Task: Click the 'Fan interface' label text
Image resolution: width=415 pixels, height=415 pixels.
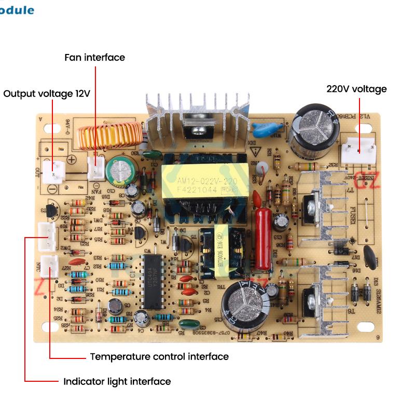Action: tap(94, 57)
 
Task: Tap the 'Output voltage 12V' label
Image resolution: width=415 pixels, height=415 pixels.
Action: tap(47, 94)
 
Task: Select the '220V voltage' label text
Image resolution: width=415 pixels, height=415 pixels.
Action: tap(356, 89)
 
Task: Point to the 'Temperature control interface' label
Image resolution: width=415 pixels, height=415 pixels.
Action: tap(159, 356)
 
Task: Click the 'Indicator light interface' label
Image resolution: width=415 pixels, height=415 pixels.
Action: tap(117, 381)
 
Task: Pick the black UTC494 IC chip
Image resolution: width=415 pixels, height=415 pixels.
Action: tap(151, 282)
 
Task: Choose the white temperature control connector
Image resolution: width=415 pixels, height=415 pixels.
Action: tap(49, 267)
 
